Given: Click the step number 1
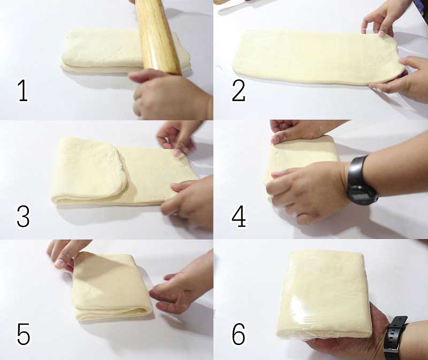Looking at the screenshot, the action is point(23,91).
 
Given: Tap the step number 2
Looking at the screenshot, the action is point(238,91).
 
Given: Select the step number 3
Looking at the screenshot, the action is point(23,217).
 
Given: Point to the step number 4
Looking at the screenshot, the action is point(239,217).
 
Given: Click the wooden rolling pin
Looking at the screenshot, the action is point(157,37).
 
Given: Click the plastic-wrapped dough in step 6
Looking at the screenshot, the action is point(324,295).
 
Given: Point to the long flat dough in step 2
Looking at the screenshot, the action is point(318,57).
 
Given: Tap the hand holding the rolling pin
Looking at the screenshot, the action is point(169,94).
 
